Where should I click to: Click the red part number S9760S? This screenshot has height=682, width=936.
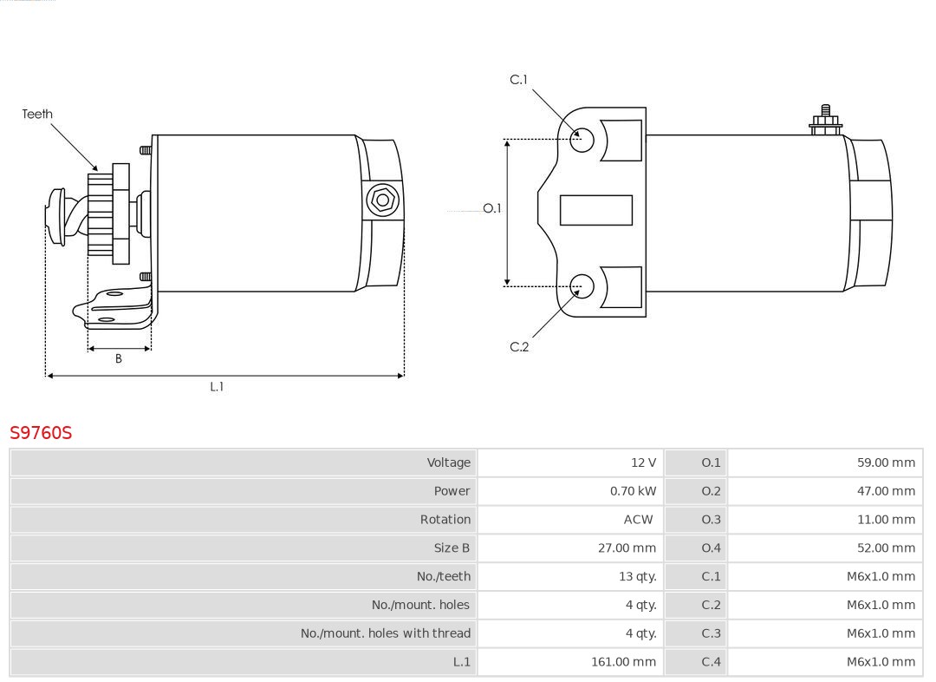tap(41, 432)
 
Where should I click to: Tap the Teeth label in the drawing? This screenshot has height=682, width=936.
tap(37, 114)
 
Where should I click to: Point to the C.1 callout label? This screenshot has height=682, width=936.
tap(518, 80)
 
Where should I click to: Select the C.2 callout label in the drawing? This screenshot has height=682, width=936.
tap(519, 347)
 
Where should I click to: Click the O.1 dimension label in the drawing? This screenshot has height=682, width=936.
tap(492, 208)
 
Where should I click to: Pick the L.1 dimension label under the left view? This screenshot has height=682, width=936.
tap(217, 387)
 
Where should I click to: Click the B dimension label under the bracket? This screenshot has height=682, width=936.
tap(119, 358)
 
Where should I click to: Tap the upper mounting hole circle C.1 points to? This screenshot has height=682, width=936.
tap(582, 139)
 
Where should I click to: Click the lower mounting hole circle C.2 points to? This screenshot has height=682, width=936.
tap(582, 285)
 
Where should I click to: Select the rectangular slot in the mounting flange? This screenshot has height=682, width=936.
tap(596, 210)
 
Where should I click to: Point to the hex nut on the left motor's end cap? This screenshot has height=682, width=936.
tap(382, 200)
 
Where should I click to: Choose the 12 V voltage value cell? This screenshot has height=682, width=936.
tap(643, 462)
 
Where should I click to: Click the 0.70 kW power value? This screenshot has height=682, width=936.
tap(633, 491)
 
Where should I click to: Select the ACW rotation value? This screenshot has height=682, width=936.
tap(639, 520)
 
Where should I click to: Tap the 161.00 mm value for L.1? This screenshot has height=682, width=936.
tap(623, 662)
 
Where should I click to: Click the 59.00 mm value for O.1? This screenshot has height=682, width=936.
tap(886, 462)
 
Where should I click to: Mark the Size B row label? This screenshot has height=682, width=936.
tap(452, 548)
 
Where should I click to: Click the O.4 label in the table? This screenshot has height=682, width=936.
tap(711, 548)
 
